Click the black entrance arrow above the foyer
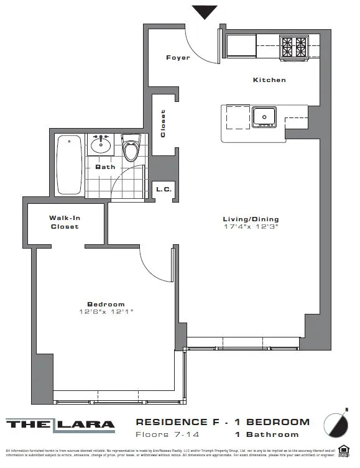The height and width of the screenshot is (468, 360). click(205, 12)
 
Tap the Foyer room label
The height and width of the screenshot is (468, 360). click(177, 58)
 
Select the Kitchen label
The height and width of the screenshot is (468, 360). click(269, 80)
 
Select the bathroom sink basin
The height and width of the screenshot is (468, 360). click(100, 146)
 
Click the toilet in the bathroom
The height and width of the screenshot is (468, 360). click(131, 149)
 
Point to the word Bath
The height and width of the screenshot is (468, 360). click(105, 167)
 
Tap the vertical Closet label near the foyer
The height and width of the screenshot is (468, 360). click(164, 124)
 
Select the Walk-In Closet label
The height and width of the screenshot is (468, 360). click(65, 222)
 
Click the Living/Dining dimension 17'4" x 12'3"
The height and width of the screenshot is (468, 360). click(251, 227)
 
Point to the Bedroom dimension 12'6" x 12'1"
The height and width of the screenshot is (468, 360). click(106, 311)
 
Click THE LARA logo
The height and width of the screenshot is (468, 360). click(61, 425)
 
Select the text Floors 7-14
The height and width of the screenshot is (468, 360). click(164, 434)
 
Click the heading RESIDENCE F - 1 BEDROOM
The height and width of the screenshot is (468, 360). click(222, 422)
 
